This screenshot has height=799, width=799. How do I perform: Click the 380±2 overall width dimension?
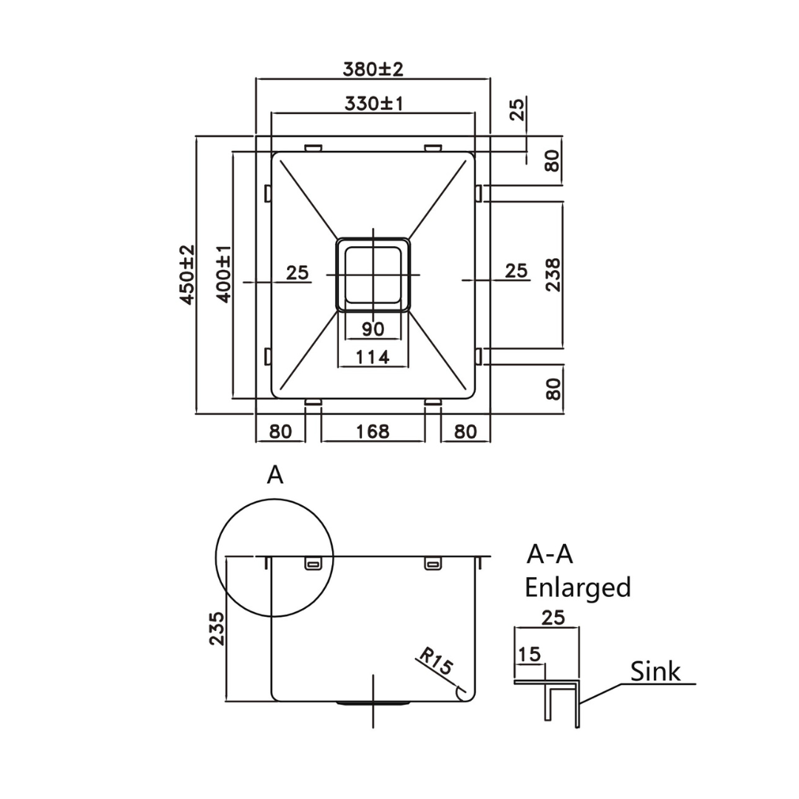tap(373, 70)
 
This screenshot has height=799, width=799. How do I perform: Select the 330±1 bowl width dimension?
tap(373, 104)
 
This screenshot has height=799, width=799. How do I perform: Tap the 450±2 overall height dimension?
tap(186, 274)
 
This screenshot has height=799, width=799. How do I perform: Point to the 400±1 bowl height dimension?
tap(224, 274)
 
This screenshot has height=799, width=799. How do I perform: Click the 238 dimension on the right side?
tap(553, 274)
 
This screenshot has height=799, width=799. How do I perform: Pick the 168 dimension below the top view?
tap(373, 431)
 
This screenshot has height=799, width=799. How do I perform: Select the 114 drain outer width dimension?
tap(373, 357)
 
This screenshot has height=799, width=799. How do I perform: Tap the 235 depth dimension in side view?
tap(216, 628)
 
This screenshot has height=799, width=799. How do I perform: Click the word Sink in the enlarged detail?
tap(655, 672)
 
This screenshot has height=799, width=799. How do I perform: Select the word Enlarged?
tap(577, 587)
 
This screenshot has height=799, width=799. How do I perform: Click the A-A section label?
tap(550, 553)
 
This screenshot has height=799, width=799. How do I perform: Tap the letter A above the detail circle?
tap(275, 475)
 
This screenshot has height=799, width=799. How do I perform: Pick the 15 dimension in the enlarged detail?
tap(530, 654)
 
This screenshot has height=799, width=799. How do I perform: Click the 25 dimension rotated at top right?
tap(517, 109)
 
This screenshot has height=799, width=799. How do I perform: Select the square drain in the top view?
tap(374, 274)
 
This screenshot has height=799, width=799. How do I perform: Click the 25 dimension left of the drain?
tap(297, 272)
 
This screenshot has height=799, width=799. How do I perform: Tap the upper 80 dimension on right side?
tap(553, 160)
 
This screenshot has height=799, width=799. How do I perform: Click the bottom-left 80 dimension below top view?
tap(280, 431)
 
